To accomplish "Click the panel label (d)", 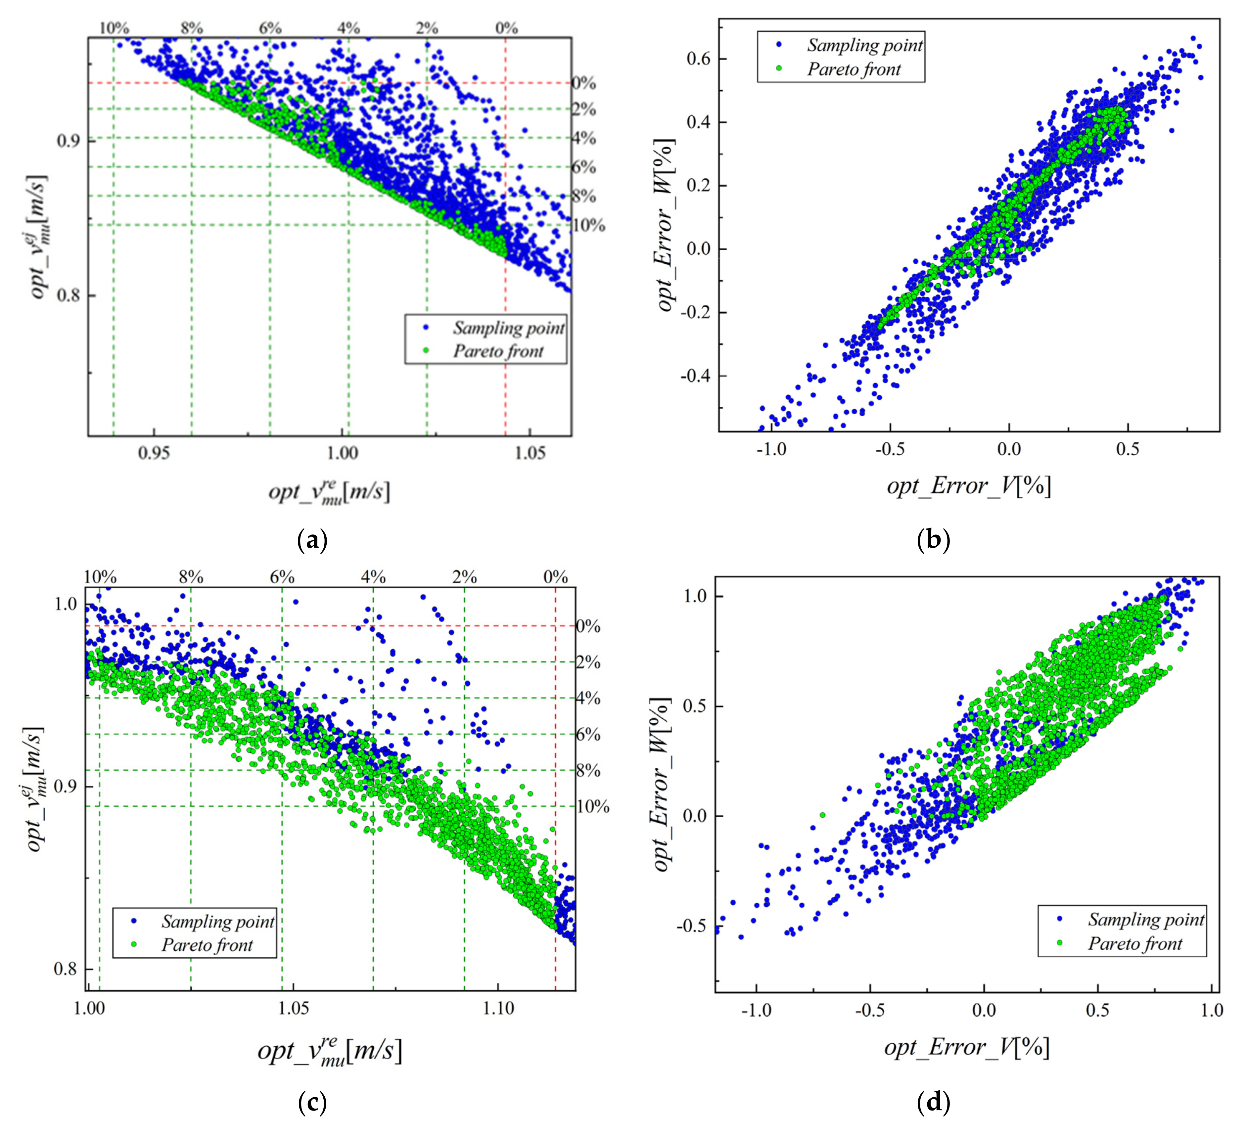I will coord(933,1102).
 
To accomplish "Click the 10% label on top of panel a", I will coord(114,28).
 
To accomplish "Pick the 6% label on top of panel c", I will coord(282,577).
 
